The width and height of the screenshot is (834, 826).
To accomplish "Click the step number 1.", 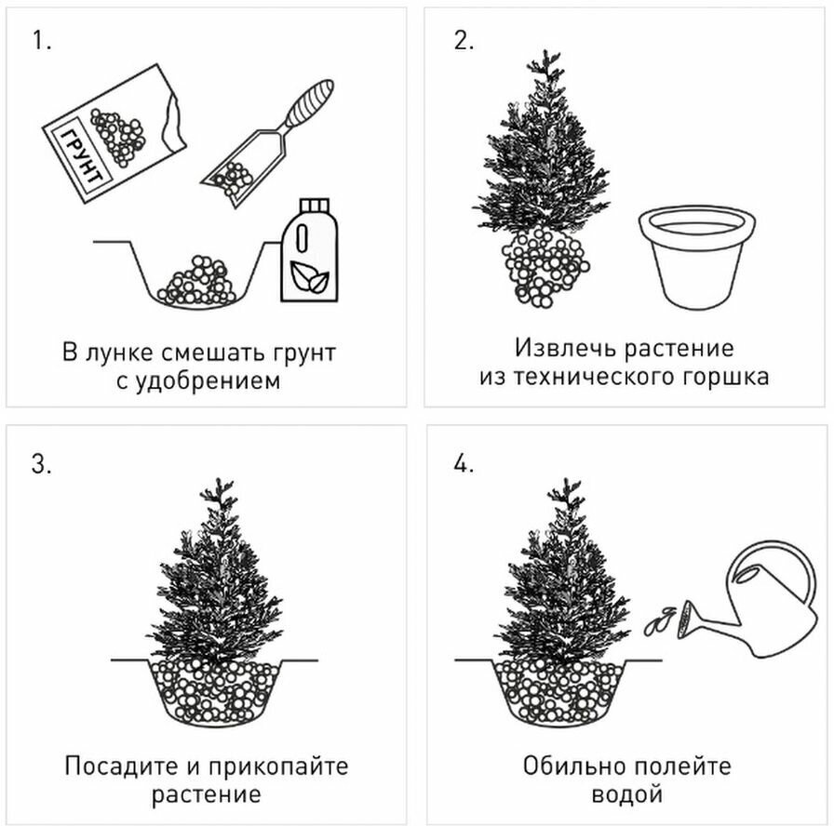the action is tap(42, 40).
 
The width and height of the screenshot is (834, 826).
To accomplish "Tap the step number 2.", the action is tap(464, 40).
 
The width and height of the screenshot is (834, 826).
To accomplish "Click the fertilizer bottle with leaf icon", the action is tap(309, 250).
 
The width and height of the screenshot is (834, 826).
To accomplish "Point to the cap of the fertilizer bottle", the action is tap(315, 206).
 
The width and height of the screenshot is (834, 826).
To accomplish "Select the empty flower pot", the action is tap(697, 258).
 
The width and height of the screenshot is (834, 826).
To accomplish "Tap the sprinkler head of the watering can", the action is tap(685, 619).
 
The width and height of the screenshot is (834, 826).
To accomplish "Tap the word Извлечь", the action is tap(565, 348).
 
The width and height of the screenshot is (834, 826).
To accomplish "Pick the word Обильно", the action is tap(574, 766).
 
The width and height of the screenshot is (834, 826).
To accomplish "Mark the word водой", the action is tap(626, 795).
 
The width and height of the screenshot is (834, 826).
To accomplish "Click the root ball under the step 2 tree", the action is tap(545, 266).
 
